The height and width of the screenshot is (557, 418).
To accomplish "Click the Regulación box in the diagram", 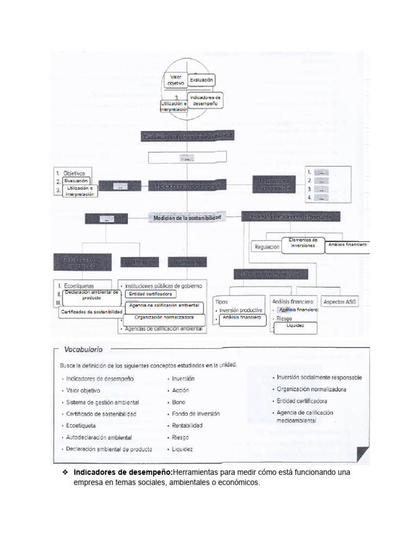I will [267, 247].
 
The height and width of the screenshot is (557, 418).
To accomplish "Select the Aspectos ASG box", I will [340, 301].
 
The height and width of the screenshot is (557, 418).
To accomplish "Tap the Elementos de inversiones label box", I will [303, 243].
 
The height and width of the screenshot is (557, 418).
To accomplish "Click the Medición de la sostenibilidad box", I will [187, 218].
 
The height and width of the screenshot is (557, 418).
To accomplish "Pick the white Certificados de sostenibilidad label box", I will [91, 312].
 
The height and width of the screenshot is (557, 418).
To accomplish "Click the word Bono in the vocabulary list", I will [179, 402].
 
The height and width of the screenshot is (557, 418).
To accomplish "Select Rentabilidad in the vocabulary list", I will [187, 425].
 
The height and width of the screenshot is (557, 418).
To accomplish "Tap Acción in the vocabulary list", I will [180, 390].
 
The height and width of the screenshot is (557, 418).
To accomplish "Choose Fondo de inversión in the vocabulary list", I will [196, 413].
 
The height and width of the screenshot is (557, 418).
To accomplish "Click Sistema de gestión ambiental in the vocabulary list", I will [102, 402].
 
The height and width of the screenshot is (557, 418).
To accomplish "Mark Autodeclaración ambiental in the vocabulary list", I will [99, 437].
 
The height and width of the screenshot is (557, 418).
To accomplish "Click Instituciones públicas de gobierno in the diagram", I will [163, 285].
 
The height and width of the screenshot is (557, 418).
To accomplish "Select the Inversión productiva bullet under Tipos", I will [241, 310].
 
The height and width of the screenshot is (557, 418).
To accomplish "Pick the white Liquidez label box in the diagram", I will [296, 326].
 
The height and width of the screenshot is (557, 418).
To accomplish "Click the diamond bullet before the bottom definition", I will [65, 472].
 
